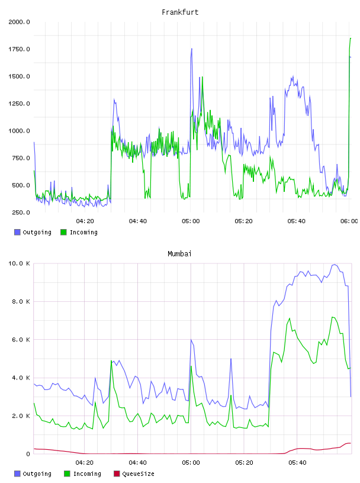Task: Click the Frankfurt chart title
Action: point(180,12)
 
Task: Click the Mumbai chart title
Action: point(179,254)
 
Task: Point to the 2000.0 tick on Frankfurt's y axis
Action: point(19,22)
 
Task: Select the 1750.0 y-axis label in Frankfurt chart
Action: point(19,49)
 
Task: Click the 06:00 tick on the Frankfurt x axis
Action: point(349,221)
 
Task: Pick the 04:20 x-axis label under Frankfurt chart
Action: point(85,221)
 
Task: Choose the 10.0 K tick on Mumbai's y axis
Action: point(19,263)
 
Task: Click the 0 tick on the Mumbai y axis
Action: point(28,454)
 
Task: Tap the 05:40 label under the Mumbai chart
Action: point(297,463)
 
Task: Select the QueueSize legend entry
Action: point(134,474)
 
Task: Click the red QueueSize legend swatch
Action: point(117,474)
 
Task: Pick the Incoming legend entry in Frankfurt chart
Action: point(79,232)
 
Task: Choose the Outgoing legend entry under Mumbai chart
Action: point(33,474)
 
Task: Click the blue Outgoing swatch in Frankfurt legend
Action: point(17,232)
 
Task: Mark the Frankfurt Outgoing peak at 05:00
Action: point(192,49)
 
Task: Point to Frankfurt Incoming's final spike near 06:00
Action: point(351,38)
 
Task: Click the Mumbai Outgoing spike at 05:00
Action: point(191,340)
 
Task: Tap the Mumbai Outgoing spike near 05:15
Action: point(231,359)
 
